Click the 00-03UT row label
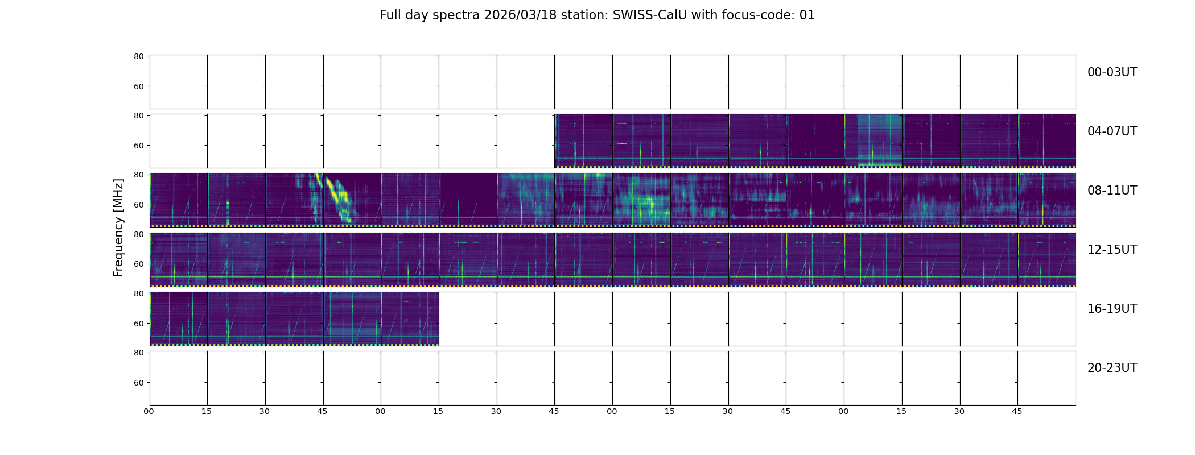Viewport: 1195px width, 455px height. click(x=1112, y=72)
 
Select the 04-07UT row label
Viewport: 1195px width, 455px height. click(x=1112, y=131)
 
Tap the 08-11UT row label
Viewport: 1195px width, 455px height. click(x=1112, y=191)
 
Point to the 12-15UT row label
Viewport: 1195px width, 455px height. click(x=1112, y=250)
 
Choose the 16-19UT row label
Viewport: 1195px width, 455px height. click(x=1112, y=309)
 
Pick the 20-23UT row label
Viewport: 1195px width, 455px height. click(x=1112, y=368)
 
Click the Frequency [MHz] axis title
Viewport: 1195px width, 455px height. click(x=118, y=227)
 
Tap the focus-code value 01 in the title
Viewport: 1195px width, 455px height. click(x=807, y=15)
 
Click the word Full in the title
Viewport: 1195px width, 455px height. click(x=390, y=15)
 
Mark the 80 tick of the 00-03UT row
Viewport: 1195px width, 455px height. click(x=139, y=56)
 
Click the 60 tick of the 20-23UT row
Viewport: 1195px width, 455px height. click(x=139, y=383)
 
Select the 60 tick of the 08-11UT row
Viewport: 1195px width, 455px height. click(x=139, y=205)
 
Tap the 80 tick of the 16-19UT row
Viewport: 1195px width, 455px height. click(x=139, y=293)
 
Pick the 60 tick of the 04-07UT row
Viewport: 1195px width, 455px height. click(x=139, y=146)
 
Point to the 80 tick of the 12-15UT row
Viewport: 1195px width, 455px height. click(x=139, y=234)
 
